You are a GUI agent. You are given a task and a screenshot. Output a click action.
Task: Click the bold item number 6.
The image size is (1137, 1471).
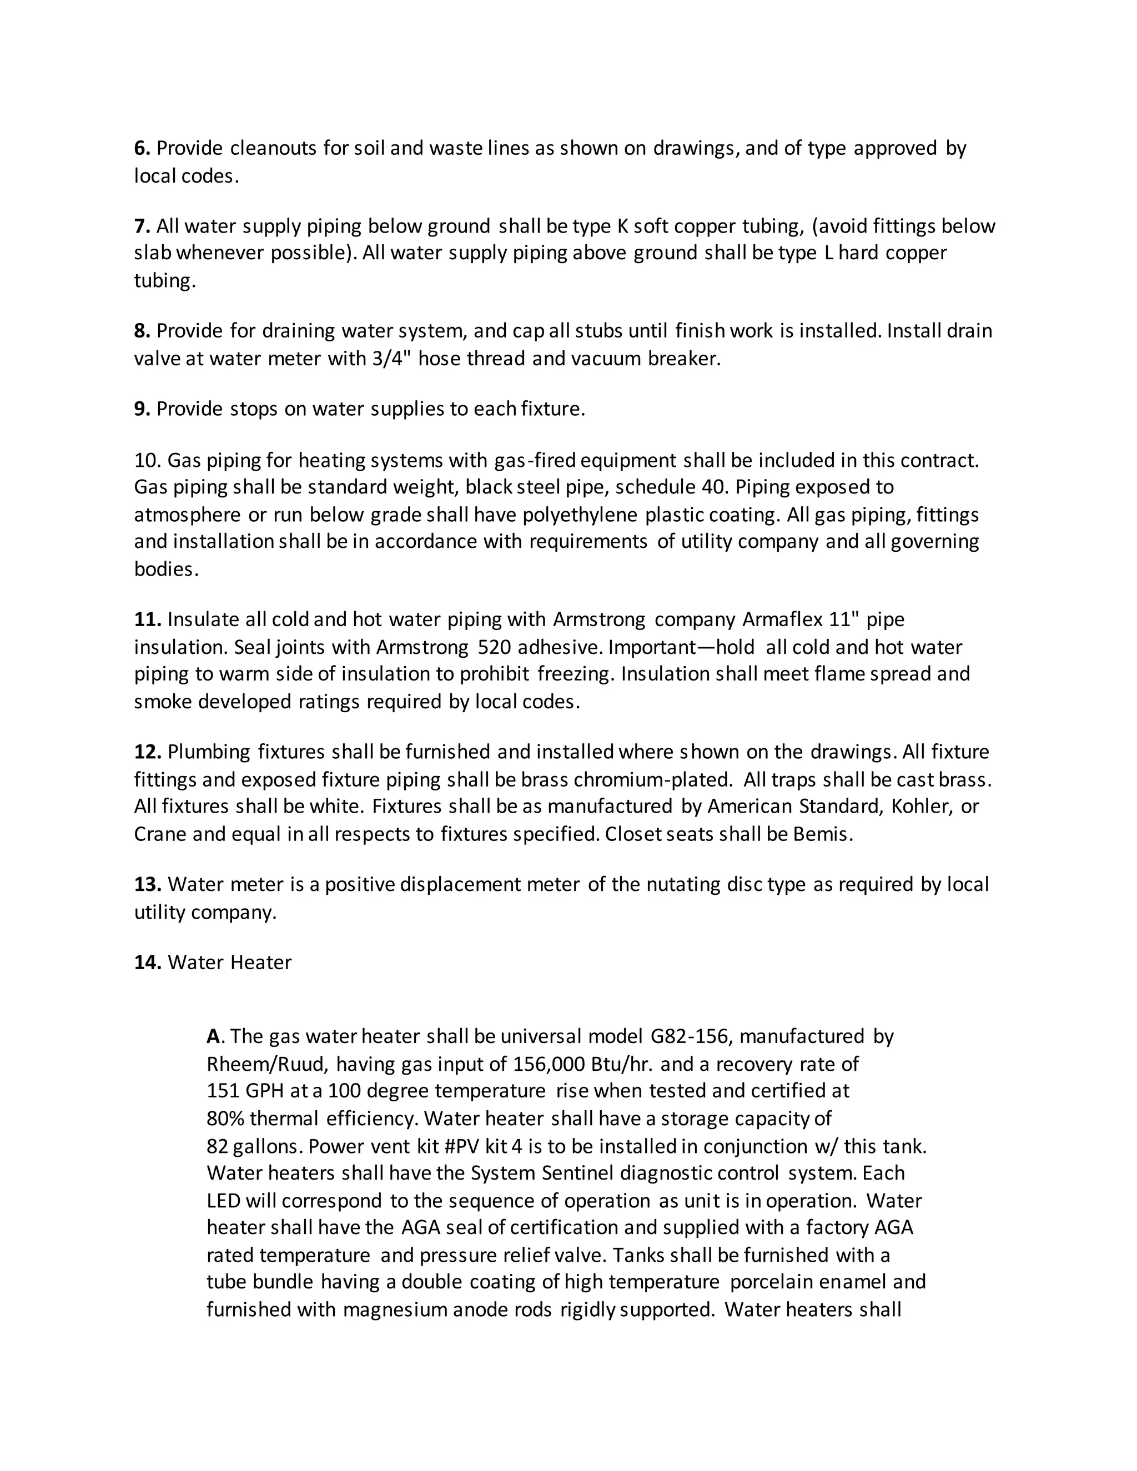[x=142, y=148]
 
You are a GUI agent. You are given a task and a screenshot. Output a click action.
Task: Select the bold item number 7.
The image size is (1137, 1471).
[x=142, y=226]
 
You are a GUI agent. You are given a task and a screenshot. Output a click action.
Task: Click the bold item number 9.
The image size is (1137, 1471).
[x=142, y=410]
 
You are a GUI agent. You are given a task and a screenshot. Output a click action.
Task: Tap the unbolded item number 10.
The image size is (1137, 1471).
[x=146, y=461]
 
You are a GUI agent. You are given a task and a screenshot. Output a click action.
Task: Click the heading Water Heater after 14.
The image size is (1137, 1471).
[x=229, y=963]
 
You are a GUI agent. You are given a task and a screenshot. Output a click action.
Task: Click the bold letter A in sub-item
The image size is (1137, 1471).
[x=214, y=1036]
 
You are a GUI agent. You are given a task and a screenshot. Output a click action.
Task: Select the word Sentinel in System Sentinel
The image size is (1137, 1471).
[x=577, y=1173]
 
